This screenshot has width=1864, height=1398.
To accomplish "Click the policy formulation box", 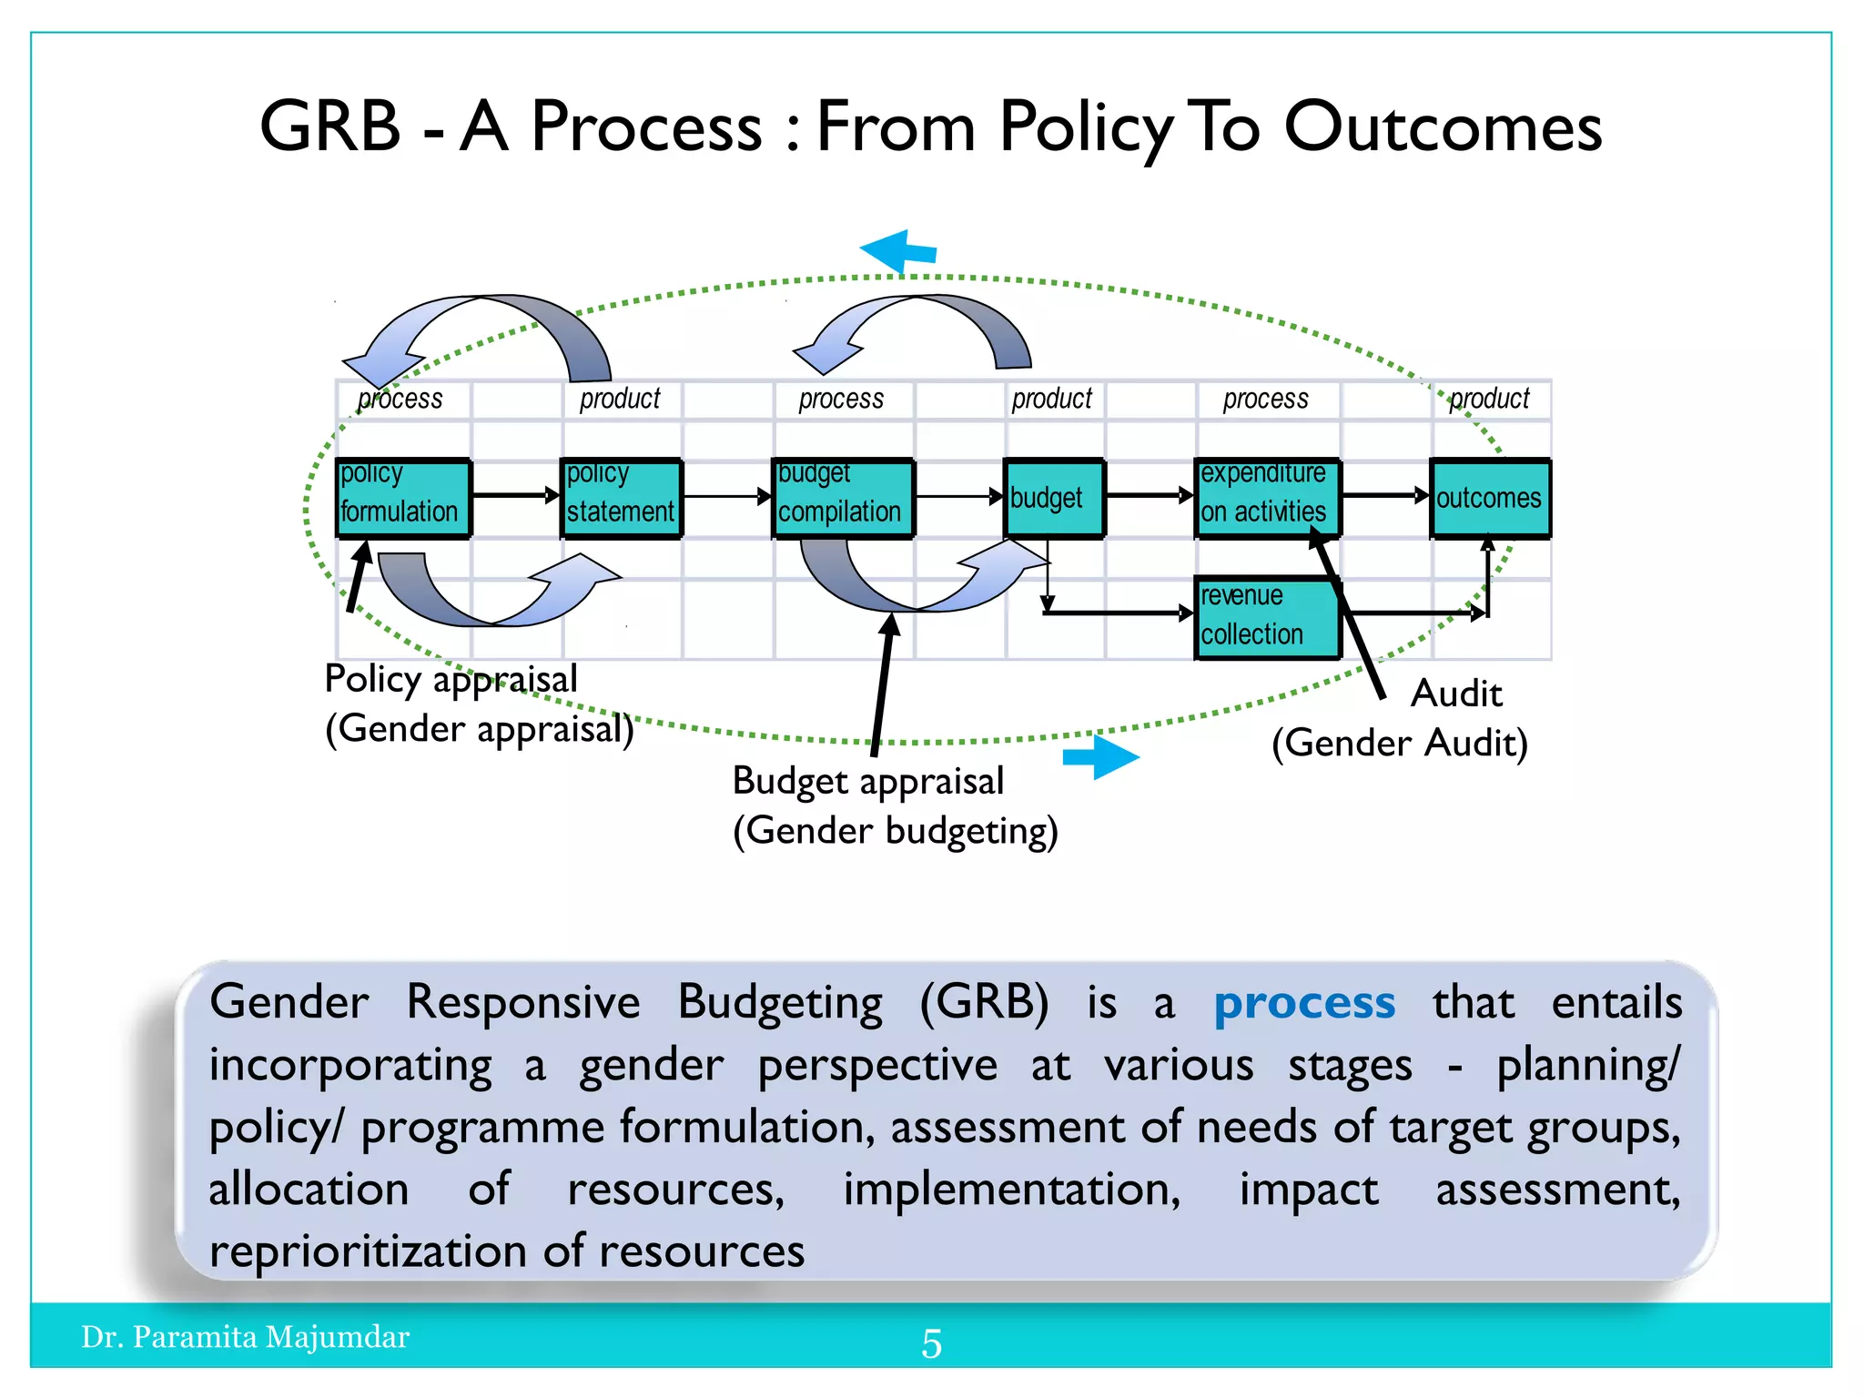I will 403,498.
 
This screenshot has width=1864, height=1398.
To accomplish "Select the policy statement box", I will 621,498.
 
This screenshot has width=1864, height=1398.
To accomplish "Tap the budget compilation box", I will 843,498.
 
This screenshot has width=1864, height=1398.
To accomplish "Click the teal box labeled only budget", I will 1054,498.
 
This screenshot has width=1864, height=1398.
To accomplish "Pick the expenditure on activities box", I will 1266,498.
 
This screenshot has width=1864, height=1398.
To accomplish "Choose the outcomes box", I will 1489,498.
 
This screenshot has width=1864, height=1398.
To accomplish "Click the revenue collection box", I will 1266,616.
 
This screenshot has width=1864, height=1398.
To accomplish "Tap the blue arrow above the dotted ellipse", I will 898,250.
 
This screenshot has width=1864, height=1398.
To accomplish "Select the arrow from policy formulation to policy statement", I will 515,495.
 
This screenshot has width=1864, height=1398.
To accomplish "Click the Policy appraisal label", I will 451,679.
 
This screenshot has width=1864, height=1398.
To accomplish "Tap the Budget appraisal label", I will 867,781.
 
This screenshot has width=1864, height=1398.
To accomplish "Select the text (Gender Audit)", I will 1399,743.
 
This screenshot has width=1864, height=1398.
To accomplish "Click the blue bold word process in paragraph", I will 1303,1003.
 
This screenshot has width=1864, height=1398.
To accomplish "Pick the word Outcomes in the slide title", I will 1443,127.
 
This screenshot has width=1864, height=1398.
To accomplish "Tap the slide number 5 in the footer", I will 931,1343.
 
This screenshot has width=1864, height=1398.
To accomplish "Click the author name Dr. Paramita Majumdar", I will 246,1336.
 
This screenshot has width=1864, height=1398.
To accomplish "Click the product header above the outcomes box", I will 1489,399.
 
